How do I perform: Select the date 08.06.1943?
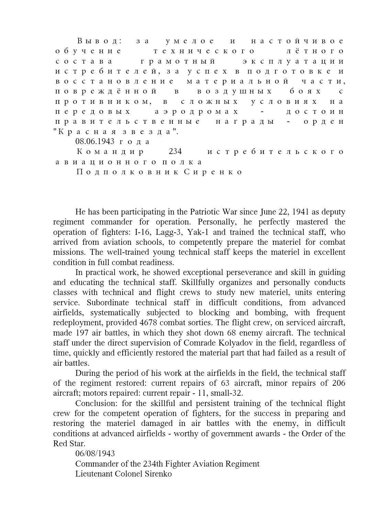[95, 142]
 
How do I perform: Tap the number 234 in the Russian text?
[175, 152]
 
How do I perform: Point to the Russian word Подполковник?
[127, 172]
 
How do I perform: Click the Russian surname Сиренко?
[213, 172]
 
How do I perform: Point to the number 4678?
[149, 323]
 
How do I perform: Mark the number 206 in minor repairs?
[338, 383]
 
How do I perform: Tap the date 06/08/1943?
[95, 454]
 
